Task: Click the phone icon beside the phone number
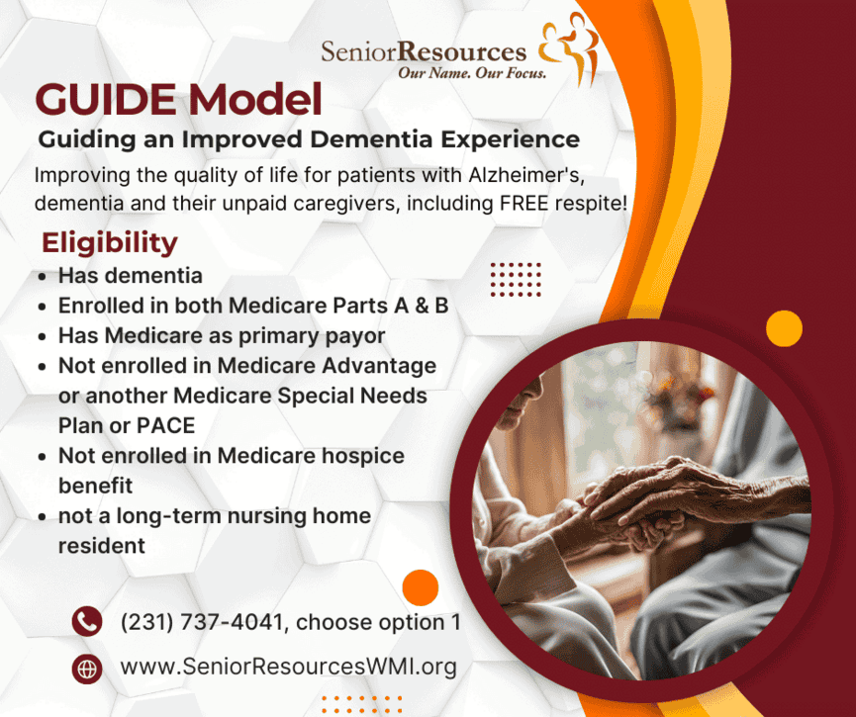tap(87, 621)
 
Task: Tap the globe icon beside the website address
tap(87, 669)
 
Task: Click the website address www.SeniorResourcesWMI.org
tap(288, 667)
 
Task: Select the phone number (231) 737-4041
tap(202, 622)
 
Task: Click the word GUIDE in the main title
tap(106, 99)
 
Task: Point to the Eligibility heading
tap(110, 243)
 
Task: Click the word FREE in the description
tap(524, 203)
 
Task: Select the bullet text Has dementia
tap(131, 276)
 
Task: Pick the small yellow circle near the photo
tap(784, 328)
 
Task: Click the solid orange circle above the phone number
tap(421, 587)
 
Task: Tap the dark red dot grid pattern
tap(516, 279)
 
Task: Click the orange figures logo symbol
tap(568, 48)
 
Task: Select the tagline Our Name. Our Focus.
tap(472, 73)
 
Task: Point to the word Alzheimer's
tap(526, 175)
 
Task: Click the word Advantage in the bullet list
tap(379, 366)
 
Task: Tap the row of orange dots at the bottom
tap(361, 704)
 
